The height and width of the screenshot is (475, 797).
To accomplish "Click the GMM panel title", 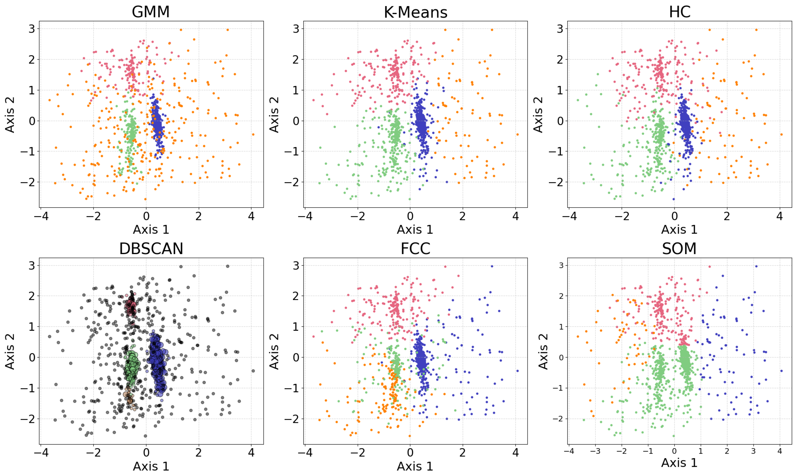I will click(x=150, y=12).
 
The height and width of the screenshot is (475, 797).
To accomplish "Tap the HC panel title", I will click(x=679, y=12).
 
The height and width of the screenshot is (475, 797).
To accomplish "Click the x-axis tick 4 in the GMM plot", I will click(x=251, y=217).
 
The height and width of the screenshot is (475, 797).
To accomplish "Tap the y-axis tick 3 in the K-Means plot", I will click(x=296, y=29).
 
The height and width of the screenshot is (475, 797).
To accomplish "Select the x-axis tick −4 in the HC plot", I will click(x=569, y=217).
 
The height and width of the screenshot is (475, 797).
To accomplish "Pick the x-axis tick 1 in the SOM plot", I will click(x=701, y=451).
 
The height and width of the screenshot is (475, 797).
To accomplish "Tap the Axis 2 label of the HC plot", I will click(x=538, y=115).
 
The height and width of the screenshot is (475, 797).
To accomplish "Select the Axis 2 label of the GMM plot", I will click(x=10, y=115).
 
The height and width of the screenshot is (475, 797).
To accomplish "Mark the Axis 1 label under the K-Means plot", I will click(x=415, y=230).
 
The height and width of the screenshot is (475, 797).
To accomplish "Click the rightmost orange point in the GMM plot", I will click(x=253, y=134).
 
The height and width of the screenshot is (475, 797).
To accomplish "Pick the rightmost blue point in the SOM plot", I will click(x=781, y=371).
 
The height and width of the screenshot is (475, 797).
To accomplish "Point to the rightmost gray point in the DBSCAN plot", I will click(x=253, y=371).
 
